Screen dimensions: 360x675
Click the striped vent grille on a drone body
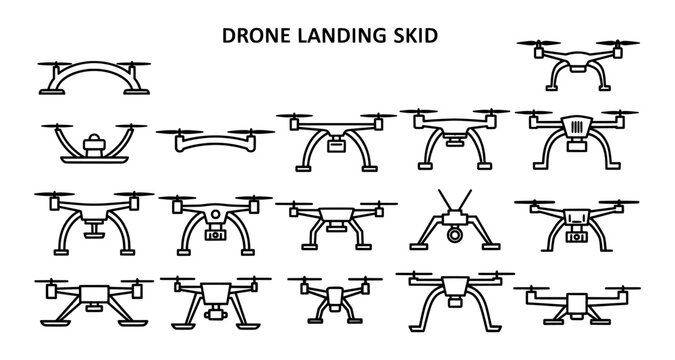tap(576, 126)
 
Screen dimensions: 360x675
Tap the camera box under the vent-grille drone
tap(577, 144)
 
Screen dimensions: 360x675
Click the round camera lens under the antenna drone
tap(455, 236)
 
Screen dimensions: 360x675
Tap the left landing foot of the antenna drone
tap(419, 243)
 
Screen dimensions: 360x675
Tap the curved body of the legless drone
tap(214, 147)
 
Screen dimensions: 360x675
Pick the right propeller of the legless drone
tap(254, 131)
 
